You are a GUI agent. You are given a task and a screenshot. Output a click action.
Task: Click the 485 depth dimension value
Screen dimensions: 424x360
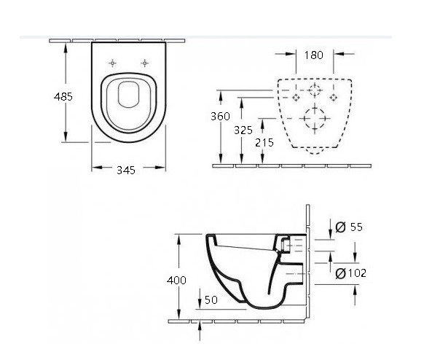63,97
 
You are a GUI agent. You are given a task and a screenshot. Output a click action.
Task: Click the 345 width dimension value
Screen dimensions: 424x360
126,170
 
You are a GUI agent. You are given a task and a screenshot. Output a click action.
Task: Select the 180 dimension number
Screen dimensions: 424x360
314,55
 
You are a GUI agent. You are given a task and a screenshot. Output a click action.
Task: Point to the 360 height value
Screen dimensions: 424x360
221,117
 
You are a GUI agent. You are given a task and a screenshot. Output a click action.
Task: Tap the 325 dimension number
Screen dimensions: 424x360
243,130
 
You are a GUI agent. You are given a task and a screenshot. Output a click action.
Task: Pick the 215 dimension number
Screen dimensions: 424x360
264,143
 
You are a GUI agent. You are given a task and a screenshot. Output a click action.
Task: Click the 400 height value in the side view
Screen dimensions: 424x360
176,281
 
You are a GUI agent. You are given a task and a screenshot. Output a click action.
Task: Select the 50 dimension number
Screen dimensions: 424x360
211,300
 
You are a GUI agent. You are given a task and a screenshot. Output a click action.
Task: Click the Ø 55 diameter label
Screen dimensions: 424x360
349,227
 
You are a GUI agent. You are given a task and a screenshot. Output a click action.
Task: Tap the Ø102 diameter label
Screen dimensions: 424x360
350,273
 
